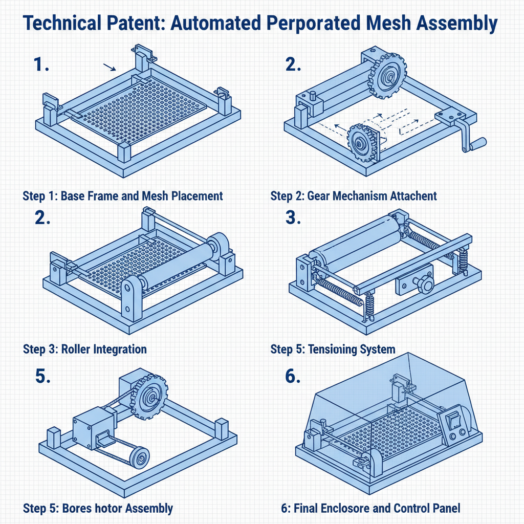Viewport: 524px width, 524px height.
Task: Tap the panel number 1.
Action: coord(40,64)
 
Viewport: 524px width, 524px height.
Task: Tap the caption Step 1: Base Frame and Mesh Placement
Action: coord(123,196)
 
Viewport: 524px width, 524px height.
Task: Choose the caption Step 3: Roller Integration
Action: coord(85,350)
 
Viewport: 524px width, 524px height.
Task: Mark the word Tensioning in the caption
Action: coord(338,350)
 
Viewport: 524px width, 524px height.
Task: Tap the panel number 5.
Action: coord(43,376)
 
